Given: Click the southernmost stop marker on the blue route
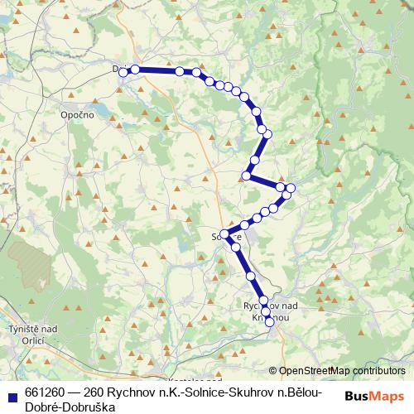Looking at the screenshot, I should [269, 321].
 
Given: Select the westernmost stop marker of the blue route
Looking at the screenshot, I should [123, 73].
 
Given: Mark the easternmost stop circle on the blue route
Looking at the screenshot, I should [291, 188].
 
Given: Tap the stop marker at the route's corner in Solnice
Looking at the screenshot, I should [224, 234].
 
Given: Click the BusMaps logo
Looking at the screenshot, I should [374, 397].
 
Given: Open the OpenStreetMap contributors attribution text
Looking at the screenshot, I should [342, 371].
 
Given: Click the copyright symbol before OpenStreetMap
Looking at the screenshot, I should [273, 371].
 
